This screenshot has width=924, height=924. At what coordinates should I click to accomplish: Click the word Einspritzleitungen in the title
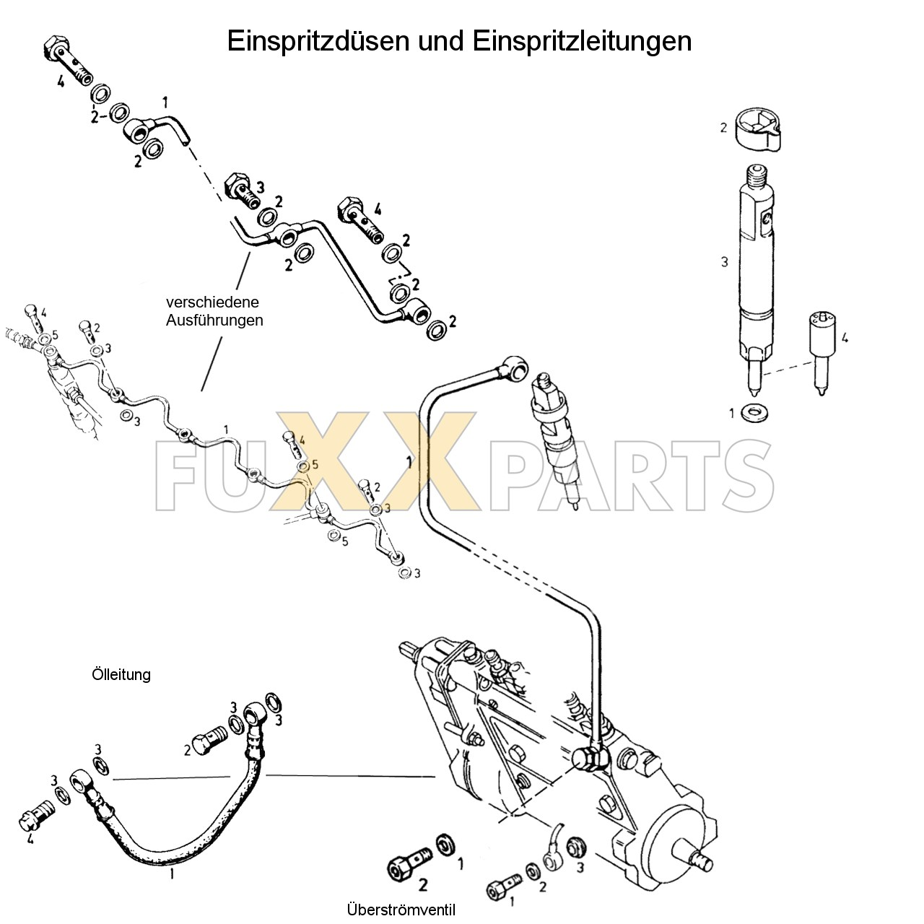(x=582, y=41)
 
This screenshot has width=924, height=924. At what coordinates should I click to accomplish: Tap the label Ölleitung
(x=121, y=674)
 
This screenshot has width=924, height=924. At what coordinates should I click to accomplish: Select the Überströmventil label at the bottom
(x=401, y=910)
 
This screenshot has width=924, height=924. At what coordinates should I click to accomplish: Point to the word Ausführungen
(x=214, y=320)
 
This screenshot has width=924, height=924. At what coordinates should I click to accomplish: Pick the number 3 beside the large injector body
(x=725, y=262)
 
